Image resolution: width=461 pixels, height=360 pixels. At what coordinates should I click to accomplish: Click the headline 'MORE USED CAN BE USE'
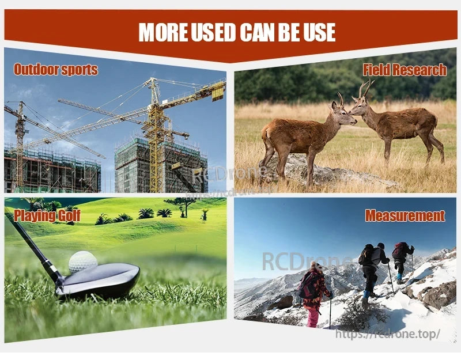click(x=237, y=32)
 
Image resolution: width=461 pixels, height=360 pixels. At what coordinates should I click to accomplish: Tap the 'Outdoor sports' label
click(x=55, y=70)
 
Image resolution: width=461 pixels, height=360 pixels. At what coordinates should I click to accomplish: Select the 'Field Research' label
click(x=405, y=70)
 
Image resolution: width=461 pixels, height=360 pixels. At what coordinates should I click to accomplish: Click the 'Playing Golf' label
click(x=47, y=216)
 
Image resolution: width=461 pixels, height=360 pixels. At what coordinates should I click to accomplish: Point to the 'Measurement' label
click(x=405, y=216)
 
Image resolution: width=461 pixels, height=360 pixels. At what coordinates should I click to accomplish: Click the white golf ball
click(x=83, y=262)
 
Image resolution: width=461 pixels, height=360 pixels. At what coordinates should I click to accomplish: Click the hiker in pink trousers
click(x=313, y=294)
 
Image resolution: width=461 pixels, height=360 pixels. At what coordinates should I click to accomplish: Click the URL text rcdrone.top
click(x=387, y=334)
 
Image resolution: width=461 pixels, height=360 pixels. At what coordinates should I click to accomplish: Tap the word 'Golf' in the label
click(x=68, y=216)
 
